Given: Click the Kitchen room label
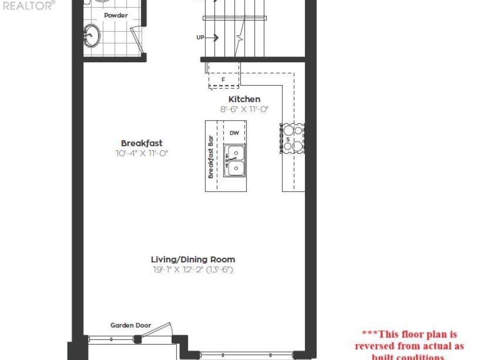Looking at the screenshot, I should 244,99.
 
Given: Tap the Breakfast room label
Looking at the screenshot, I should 141,143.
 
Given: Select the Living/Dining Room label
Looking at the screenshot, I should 193,260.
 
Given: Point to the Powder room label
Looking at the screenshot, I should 116,15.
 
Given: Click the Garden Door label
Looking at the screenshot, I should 131,325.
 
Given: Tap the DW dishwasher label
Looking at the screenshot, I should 234,132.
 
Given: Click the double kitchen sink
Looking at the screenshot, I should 234,161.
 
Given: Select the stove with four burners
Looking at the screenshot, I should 293,138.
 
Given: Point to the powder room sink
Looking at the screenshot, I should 92,35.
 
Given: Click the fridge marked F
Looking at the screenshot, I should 224,80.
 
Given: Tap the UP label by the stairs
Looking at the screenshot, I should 200,38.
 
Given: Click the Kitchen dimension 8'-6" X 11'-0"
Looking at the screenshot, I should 245,109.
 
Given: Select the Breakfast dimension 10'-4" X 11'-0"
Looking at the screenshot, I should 141,153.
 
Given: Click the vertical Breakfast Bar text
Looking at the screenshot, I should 211,156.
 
